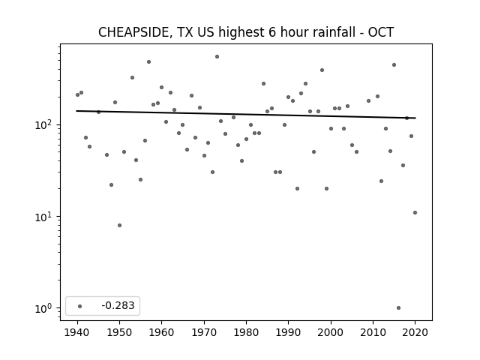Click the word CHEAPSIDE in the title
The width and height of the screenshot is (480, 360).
133,32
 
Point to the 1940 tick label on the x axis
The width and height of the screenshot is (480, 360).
77,332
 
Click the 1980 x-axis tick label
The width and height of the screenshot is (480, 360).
246,332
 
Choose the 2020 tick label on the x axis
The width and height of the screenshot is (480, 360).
415,332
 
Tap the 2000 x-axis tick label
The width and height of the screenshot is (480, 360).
331,332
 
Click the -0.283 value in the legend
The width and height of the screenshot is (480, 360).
118,305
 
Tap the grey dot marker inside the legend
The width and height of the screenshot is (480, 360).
80,306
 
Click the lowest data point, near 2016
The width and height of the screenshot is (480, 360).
398,308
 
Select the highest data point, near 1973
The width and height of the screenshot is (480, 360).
217,57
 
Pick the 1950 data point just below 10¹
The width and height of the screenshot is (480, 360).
119,225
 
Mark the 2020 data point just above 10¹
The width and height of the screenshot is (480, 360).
415,213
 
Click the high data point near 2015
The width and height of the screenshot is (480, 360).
394,65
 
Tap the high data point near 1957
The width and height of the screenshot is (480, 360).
148,61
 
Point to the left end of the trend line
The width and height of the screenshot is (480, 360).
76,111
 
